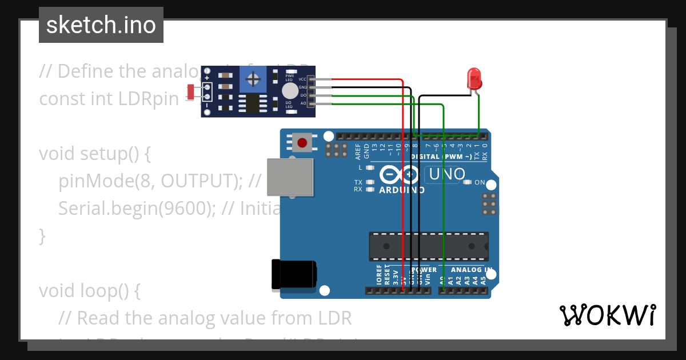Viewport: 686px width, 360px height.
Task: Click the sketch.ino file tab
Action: tap(101, 25)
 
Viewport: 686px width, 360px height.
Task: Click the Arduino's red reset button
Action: tap(301, 142)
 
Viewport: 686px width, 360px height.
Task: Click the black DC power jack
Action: tap(293, 274)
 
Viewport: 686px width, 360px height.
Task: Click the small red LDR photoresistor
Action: tap(191, 91)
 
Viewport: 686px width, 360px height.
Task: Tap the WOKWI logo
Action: tap(607, 315)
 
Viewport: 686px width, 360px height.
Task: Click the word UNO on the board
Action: tap(447, 174)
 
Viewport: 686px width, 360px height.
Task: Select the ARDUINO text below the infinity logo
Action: tap(401, 190)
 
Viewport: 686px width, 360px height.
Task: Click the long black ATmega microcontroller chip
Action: tap(428, 246)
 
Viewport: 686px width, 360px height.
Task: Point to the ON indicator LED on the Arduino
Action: tap(468, 182)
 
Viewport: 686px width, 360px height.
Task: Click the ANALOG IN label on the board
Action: tap(471, 270)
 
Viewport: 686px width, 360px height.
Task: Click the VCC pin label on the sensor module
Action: tap(302, 79)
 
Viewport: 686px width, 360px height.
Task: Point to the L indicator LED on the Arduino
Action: tap(370, 167)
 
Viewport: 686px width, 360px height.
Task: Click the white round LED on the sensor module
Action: tap(290, 91)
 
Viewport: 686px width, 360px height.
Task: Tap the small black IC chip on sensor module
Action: tap(252, 103)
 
